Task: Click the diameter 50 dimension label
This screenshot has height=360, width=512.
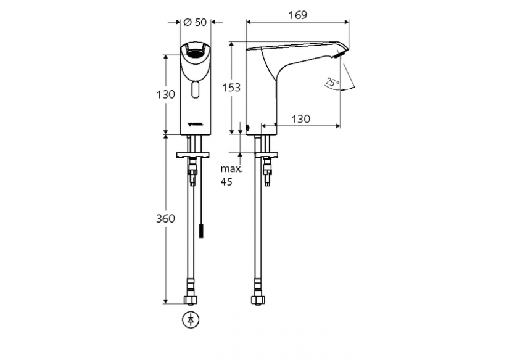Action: pyautogui.click(x=194, y=22)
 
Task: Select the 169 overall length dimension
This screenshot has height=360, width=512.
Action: pyautogui.click(x=298, y=14)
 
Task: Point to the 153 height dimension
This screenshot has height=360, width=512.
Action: pyautogui.click(x=231, y=87)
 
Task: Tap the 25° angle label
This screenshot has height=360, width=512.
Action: pyautogui.click(x=332, y=82)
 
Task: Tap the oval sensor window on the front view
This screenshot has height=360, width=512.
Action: pyautogui.click(x=195, y=92)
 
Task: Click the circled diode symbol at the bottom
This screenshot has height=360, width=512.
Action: pyautogui.click(x=191, y=320)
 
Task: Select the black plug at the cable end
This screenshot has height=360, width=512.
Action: pyautogui.click(x=200, y=231)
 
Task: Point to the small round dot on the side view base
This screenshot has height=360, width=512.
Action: pyautogui.click(x=247, y=129)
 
